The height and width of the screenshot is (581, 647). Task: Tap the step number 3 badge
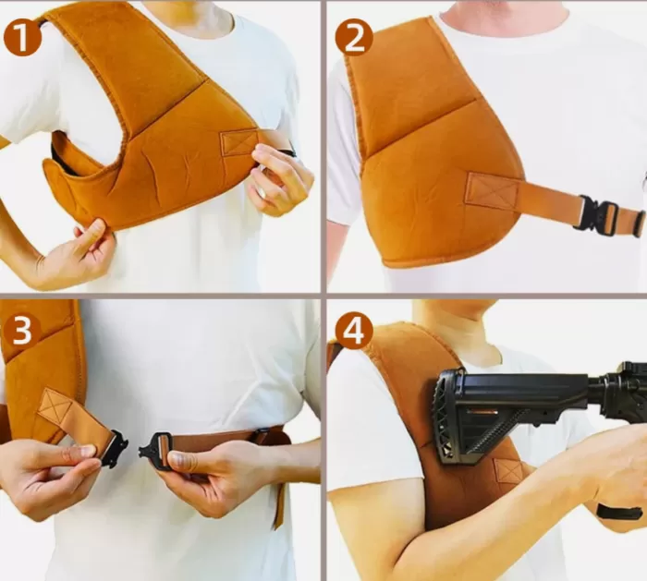click(x=21, y=331)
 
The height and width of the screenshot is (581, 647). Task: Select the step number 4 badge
click(x=354, y=331)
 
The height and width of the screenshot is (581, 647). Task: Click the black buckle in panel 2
click(x=595, y=212)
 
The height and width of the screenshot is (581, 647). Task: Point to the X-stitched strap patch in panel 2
click(x=493, y=190)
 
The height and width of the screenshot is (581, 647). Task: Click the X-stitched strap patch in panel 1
click(x=238, y=142)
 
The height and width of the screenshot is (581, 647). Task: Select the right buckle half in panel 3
click(x=154, y=445)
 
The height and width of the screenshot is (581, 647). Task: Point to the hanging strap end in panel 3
click(x=280, y=506)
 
